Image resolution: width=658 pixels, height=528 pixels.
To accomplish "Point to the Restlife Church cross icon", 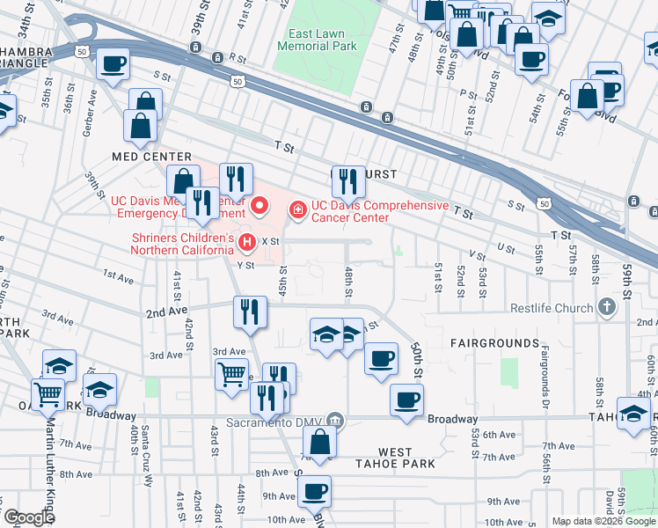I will (605, 307).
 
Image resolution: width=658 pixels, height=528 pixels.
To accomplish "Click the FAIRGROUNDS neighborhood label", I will (494, 342).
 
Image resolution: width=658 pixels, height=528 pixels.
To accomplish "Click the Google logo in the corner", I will (27, 517).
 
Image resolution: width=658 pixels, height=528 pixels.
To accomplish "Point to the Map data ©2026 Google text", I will (603, 521).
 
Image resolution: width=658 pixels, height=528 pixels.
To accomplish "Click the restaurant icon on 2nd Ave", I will (250, 312).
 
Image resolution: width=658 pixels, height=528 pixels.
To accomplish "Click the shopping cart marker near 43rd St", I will (231, 373).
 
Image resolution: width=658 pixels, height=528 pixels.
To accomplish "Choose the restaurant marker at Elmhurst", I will (348, 182).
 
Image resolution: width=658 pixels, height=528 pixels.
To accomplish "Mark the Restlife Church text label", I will (552, 308).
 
